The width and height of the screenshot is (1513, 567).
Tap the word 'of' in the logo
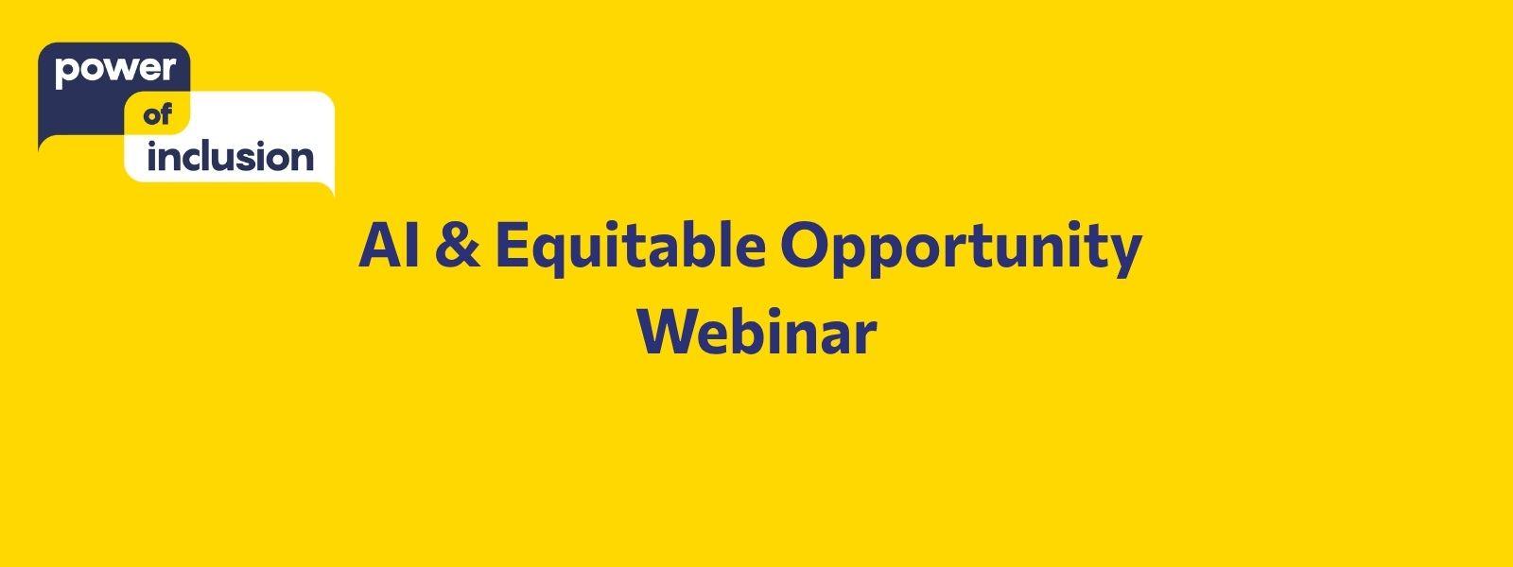point(158,115)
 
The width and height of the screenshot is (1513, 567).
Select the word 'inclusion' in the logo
point(231,157)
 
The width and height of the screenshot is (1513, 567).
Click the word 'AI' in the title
point(389,246)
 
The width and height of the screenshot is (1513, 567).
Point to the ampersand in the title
point(458,246)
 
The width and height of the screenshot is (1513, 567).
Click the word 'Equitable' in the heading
point(631,249)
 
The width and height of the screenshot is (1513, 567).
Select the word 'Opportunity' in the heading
point(961,249)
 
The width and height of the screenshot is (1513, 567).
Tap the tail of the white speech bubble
point(329,189)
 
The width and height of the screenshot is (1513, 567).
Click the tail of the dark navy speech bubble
point(43,143)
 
